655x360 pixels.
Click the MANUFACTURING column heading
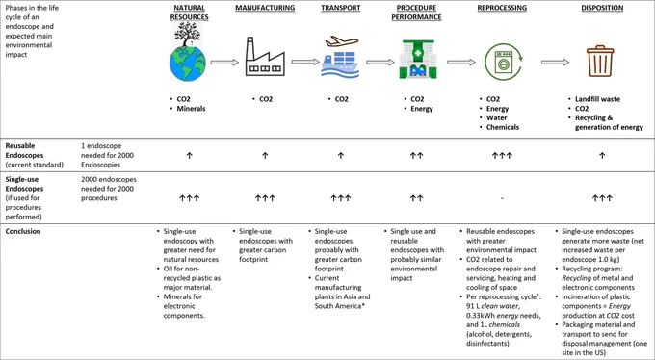265,8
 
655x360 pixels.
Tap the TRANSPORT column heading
340,8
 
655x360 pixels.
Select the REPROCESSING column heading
502,8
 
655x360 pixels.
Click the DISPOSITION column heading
602,8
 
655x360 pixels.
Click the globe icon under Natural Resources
188,64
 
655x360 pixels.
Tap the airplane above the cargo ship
342,41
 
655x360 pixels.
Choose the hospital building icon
417,59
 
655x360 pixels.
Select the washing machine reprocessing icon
503,62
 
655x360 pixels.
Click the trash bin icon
600,61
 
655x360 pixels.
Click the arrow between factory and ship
305,62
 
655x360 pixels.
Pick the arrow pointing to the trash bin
555,63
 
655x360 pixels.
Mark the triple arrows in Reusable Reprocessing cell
502,155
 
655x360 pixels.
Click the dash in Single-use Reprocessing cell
502,198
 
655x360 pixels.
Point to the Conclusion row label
23,231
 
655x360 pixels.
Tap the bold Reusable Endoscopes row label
24,150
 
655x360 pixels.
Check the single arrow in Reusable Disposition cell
602,155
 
